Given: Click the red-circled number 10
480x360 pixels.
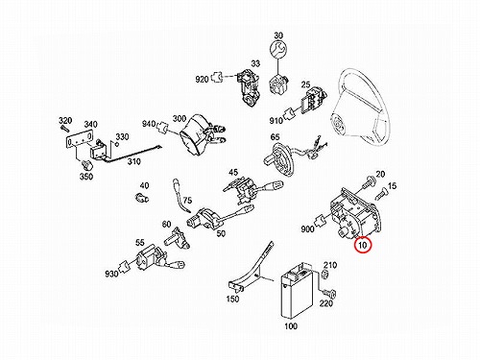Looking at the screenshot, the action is coord(363,245).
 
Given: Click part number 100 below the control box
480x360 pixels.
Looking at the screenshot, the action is coord(291,326).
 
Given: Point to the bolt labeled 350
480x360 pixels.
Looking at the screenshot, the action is coord(87,164).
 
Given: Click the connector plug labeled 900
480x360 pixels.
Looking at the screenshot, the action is coord(320,220).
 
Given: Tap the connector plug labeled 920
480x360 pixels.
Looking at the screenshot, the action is coord(216,77).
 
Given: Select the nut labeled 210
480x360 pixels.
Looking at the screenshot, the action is coord(324,275).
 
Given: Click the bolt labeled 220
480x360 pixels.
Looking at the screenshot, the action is coord(329,292).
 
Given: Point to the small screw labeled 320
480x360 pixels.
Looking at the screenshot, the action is coord(64,129).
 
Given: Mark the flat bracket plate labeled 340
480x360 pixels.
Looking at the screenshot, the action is coord(80,140).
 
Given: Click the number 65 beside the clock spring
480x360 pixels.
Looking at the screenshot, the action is coord(276,137).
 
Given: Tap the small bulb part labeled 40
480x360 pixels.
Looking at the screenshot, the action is coord(141,198).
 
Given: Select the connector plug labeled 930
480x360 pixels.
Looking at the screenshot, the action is coord(125,265).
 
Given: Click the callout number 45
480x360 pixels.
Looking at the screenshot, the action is coord(233,173).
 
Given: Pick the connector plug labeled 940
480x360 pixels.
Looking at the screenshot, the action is coord(163,128).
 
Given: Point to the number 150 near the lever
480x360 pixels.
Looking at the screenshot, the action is coord(232,299).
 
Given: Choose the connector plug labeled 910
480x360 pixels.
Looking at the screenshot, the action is coord(290,113).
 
